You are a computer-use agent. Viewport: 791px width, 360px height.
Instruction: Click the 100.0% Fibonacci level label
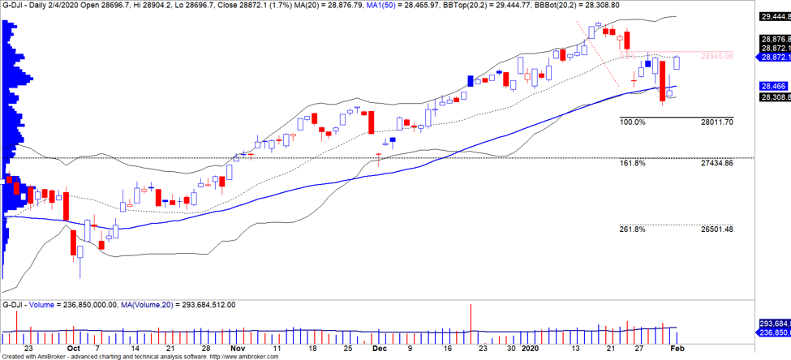(632, 122)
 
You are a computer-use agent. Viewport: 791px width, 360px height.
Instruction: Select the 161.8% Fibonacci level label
(632, 163)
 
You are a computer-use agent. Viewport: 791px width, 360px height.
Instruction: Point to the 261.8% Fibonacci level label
(632, 229)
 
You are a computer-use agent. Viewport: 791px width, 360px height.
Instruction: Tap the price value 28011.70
(716, 122)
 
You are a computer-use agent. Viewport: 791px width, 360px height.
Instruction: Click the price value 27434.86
(716, 163)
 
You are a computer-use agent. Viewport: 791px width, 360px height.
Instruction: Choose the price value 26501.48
(716, 229)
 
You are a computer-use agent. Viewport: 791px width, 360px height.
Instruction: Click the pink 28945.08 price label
(716, 56)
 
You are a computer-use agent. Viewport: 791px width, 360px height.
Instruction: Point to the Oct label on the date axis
(73, 347)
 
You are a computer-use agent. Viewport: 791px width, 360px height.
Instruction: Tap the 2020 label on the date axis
(530, 347)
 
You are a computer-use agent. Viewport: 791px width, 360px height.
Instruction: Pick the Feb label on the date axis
(676, 347)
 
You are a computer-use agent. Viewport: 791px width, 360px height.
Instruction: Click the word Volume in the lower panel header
(40, 305)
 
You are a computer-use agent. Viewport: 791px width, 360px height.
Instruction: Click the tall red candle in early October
(72, 244)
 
